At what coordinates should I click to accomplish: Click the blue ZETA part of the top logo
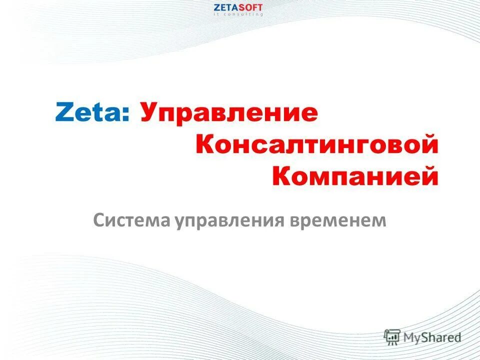[224, 7]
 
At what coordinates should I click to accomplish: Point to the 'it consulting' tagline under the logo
[238, 14]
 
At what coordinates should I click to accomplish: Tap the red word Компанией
[355, 176]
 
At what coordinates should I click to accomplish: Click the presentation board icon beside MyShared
[392, 336]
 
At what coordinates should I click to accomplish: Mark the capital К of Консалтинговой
[205, 145]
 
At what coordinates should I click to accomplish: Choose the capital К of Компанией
[281, 176]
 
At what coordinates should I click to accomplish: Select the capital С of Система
[98, 220]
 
